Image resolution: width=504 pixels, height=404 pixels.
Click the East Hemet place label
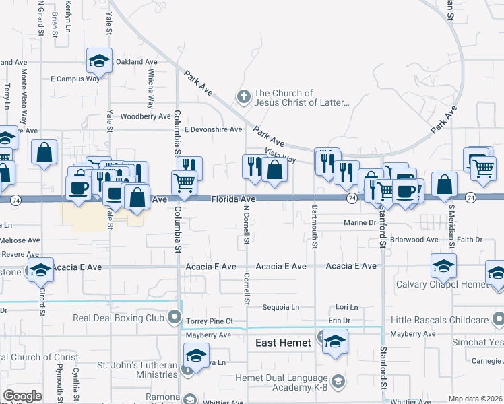click(x=283, y=343)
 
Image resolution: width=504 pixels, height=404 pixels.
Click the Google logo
click(x=22, y=395)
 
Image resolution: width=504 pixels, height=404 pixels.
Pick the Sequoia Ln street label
click(x=281, y=307)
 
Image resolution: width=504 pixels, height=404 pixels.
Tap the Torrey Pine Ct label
click(x=210, y=321)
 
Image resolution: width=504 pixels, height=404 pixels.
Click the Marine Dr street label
click(x=359, y=223)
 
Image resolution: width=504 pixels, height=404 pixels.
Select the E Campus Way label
click(x=75, y=79)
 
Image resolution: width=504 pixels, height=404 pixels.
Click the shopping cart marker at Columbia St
click(x=184, y=182)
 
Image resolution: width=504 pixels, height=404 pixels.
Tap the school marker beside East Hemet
click(x=335, y=341)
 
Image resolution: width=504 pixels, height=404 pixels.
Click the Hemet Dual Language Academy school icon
click(x=338, y=382)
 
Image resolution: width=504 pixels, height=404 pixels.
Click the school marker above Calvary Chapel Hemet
click(x=443, y=265)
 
